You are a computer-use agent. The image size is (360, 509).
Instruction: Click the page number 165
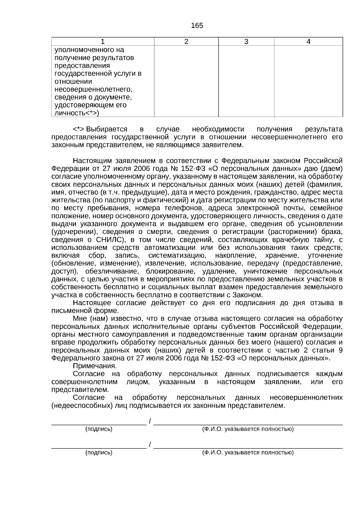click(197, 26)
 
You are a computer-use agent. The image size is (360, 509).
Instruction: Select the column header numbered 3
click(246, 42)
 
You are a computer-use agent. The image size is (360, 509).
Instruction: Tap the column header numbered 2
click(186, 42)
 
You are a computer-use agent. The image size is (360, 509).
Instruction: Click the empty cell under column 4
click(308, 81)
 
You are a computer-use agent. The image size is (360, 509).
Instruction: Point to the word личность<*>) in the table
click(77, 113)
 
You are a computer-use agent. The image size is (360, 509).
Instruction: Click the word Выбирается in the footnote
click(106, 129)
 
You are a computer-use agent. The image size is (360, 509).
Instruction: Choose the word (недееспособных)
click(79, 406)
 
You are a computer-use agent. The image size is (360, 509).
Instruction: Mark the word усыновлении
click(320, 224)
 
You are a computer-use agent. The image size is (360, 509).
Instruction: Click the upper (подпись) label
click(99, 429)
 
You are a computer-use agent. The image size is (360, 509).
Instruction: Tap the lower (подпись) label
click(99, 453)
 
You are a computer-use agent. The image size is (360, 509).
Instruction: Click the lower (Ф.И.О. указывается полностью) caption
click(248, 453)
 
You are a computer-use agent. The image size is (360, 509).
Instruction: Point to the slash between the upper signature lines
click(150, 422)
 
